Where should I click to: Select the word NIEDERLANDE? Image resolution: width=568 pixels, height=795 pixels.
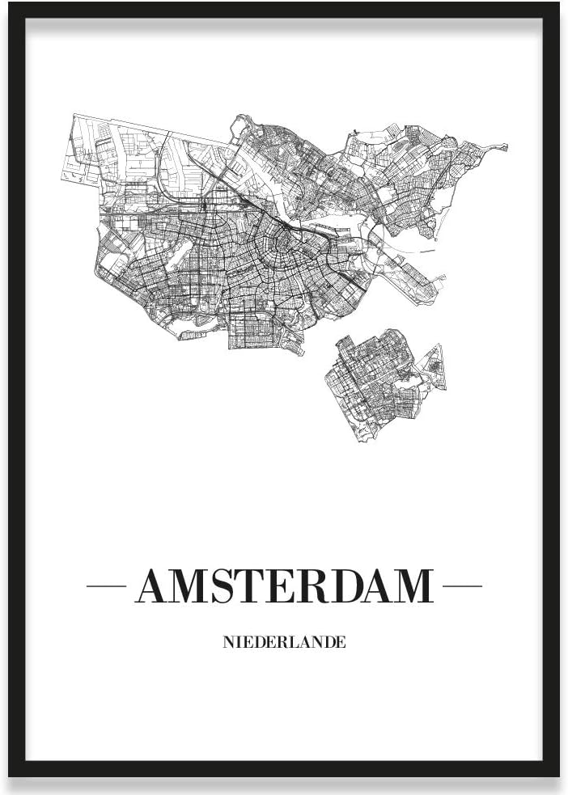[283, 643]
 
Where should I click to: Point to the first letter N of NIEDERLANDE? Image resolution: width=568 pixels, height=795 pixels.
[227, 643]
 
